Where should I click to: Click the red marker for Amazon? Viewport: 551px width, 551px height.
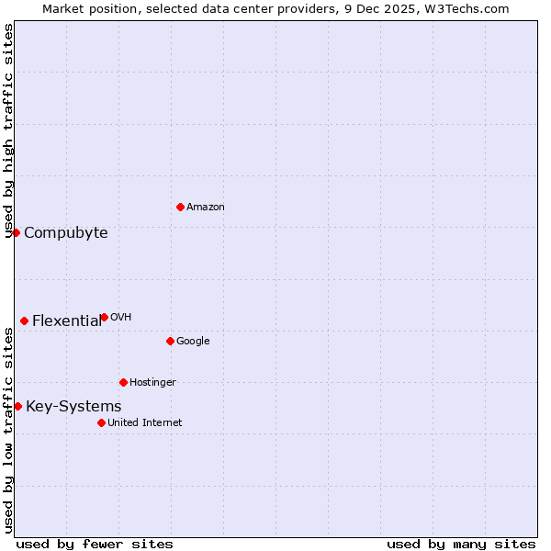(x=180, y=207)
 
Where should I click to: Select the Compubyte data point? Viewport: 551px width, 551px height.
(x=16, y=232)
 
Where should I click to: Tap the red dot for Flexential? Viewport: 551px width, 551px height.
(x=24, y=320)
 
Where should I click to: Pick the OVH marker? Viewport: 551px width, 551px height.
(x=104, y=317)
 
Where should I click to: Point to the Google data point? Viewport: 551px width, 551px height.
(x=170, y=341)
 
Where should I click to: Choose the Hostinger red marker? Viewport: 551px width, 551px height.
(x=123, y=382)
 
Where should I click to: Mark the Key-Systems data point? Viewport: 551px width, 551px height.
(x=17, y=406)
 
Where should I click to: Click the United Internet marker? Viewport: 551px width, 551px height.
(x=101, y=422)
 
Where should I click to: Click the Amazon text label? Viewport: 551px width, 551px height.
(x=206, y=208)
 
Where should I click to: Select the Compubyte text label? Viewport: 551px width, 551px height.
(x=66, y=233)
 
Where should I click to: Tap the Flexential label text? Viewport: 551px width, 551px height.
(x=67, y=321)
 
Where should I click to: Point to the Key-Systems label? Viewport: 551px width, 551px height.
(x=73, y=407)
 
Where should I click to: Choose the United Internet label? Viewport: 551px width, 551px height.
(x=145, y=423)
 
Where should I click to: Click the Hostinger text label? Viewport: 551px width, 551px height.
(x=152, y=383)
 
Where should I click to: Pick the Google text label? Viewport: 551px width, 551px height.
(x=193, y=342)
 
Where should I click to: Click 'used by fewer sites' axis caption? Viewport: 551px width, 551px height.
(x=95, y=544)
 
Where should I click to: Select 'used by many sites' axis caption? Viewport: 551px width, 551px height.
(x=461, y=544)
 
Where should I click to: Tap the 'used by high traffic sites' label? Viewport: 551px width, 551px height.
(x=9, y=130)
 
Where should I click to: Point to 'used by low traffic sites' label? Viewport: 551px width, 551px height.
(x=9, y=430)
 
